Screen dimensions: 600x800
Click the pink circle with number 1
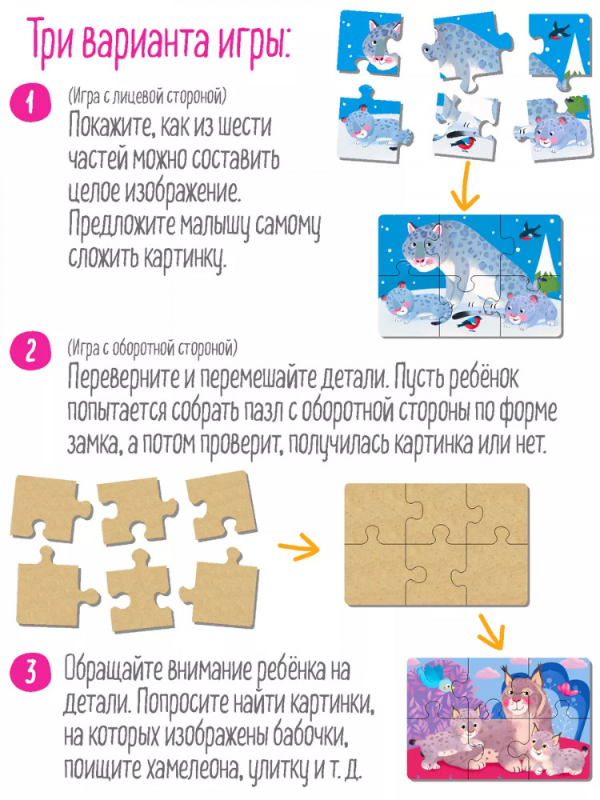click(x=30, y=103)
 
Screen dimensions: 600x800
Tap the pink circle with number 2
click(x=30, y=353)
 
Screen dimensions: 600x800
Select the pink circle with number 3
click(x=31, y=672)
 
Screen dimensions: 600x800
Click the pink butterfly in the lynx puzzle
click(x=568, y=688)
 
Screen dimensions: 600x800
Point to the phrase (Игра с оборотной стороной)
click(x=153, y=349)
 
